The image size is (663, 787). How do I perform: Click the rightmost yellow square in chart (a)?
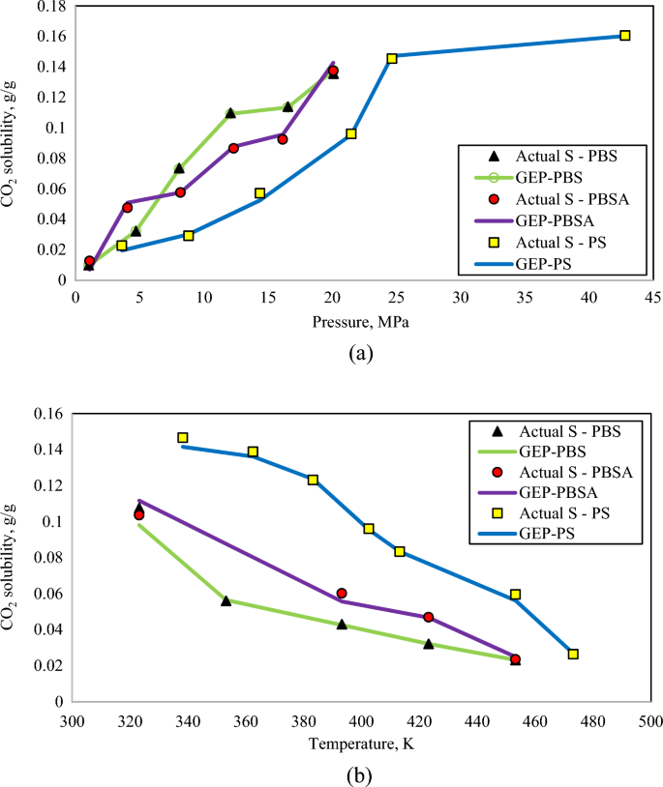(x=624, y=36)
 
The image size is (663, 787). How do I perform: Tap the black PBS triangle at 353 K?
(x=226, y=600)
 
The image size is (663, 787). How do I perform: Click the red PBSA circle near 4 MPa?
(x=127, y=208)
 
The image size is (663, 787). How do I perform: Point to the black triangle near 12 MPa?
(x=230, y=113)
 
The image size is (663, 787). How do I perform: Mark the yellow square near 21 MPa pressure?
(x=351, y=133)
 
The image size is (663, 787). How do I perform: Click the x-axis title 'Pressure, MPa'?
(x=360, y=322)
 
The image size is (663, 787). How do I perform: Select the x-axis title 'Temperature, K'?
(x=361, y=743)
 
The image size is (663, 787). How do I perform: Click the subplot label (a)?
(x=360, y=354)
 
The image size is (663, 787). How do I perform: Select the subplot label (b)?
(x=359, y=774)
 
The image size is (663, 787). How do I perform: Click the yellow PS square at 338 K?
(x=183, y=438)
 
